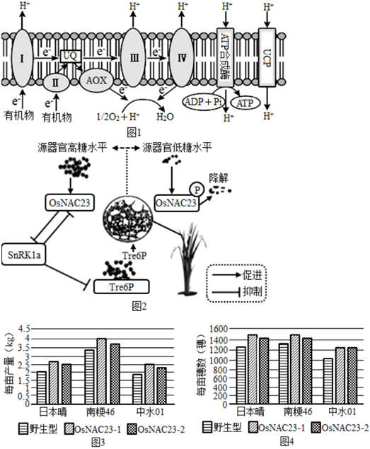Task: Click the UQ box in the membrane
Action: [71, 56]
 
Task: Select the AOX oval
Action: [96, 81]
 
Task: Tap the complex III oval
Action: [134, 57]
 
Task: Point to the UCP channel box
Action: [267, 57]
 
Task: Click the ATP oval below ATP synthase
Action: [245, 103]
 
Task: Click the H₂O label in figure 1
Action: [165, 117]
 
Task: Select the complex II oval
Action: [56, 83]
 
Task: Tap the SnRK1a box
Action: [24, 255]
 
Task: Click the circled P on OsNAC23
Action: [197, 189]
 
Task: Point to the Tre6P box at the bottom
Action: [122, 286]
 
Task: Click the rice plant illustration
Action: [188, 260]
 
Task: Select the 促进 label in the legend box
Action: [252, 275]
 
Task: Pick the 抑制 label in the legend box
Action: [252, 291]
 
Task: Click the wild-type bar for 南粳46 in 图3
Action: [89, 377]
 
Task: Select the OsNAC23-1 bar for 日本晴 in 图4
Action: [253, 369]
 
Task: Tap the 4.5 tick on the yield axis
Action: [24, 329]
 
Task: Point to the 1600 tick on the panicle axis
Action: [219, 329]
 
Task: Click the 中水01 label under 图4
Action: [342, 412]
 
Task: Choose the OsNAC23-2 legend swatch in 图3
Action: [132, 428]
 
